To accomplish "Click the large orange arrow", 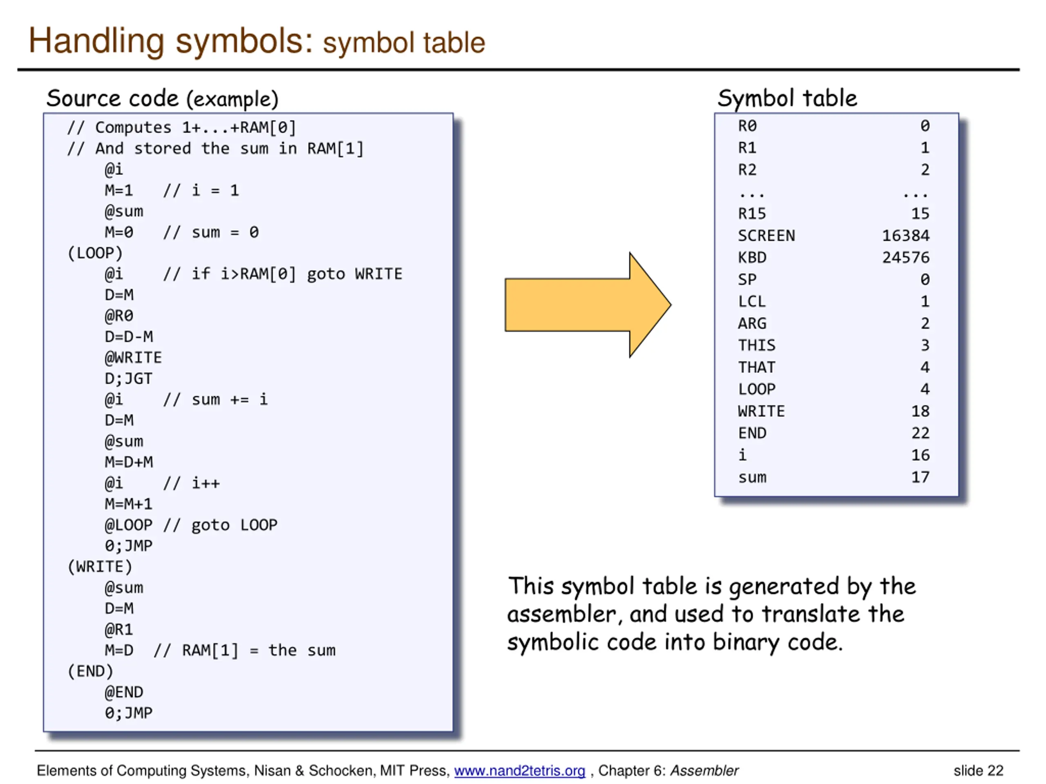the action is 586,305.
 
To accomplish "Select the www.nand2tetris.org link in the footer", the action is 519,771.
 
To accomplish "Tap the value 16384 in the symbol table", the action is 905,235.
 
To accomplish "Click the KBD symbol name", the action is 752,258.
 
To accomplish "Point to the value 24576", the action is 905,258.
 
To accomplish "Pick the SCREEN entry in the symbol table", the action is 766,235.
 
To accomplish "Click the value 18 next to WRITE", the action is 920,411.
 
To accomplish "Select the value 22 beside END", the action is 920,433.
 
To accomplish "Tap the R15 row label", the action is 751,214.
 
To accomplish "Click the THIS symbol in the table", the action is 757,345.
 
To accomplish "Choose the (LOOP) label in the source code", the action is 95,253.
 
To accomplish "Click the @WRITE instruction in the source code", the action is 133,358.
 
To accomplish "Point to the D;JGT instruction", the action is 128,379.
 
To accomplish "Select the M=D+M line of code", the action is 129,462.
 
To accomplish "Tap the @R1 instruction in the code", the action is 118,630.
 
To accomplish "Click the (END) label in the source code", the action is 90,671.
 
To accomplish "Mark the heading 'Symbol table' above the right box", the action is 787,98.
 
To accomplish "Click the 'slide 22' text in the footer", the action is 978,771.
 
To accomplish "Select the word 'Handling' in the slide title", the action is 96,41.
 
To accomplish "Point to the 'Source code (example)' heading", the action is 162,98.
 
